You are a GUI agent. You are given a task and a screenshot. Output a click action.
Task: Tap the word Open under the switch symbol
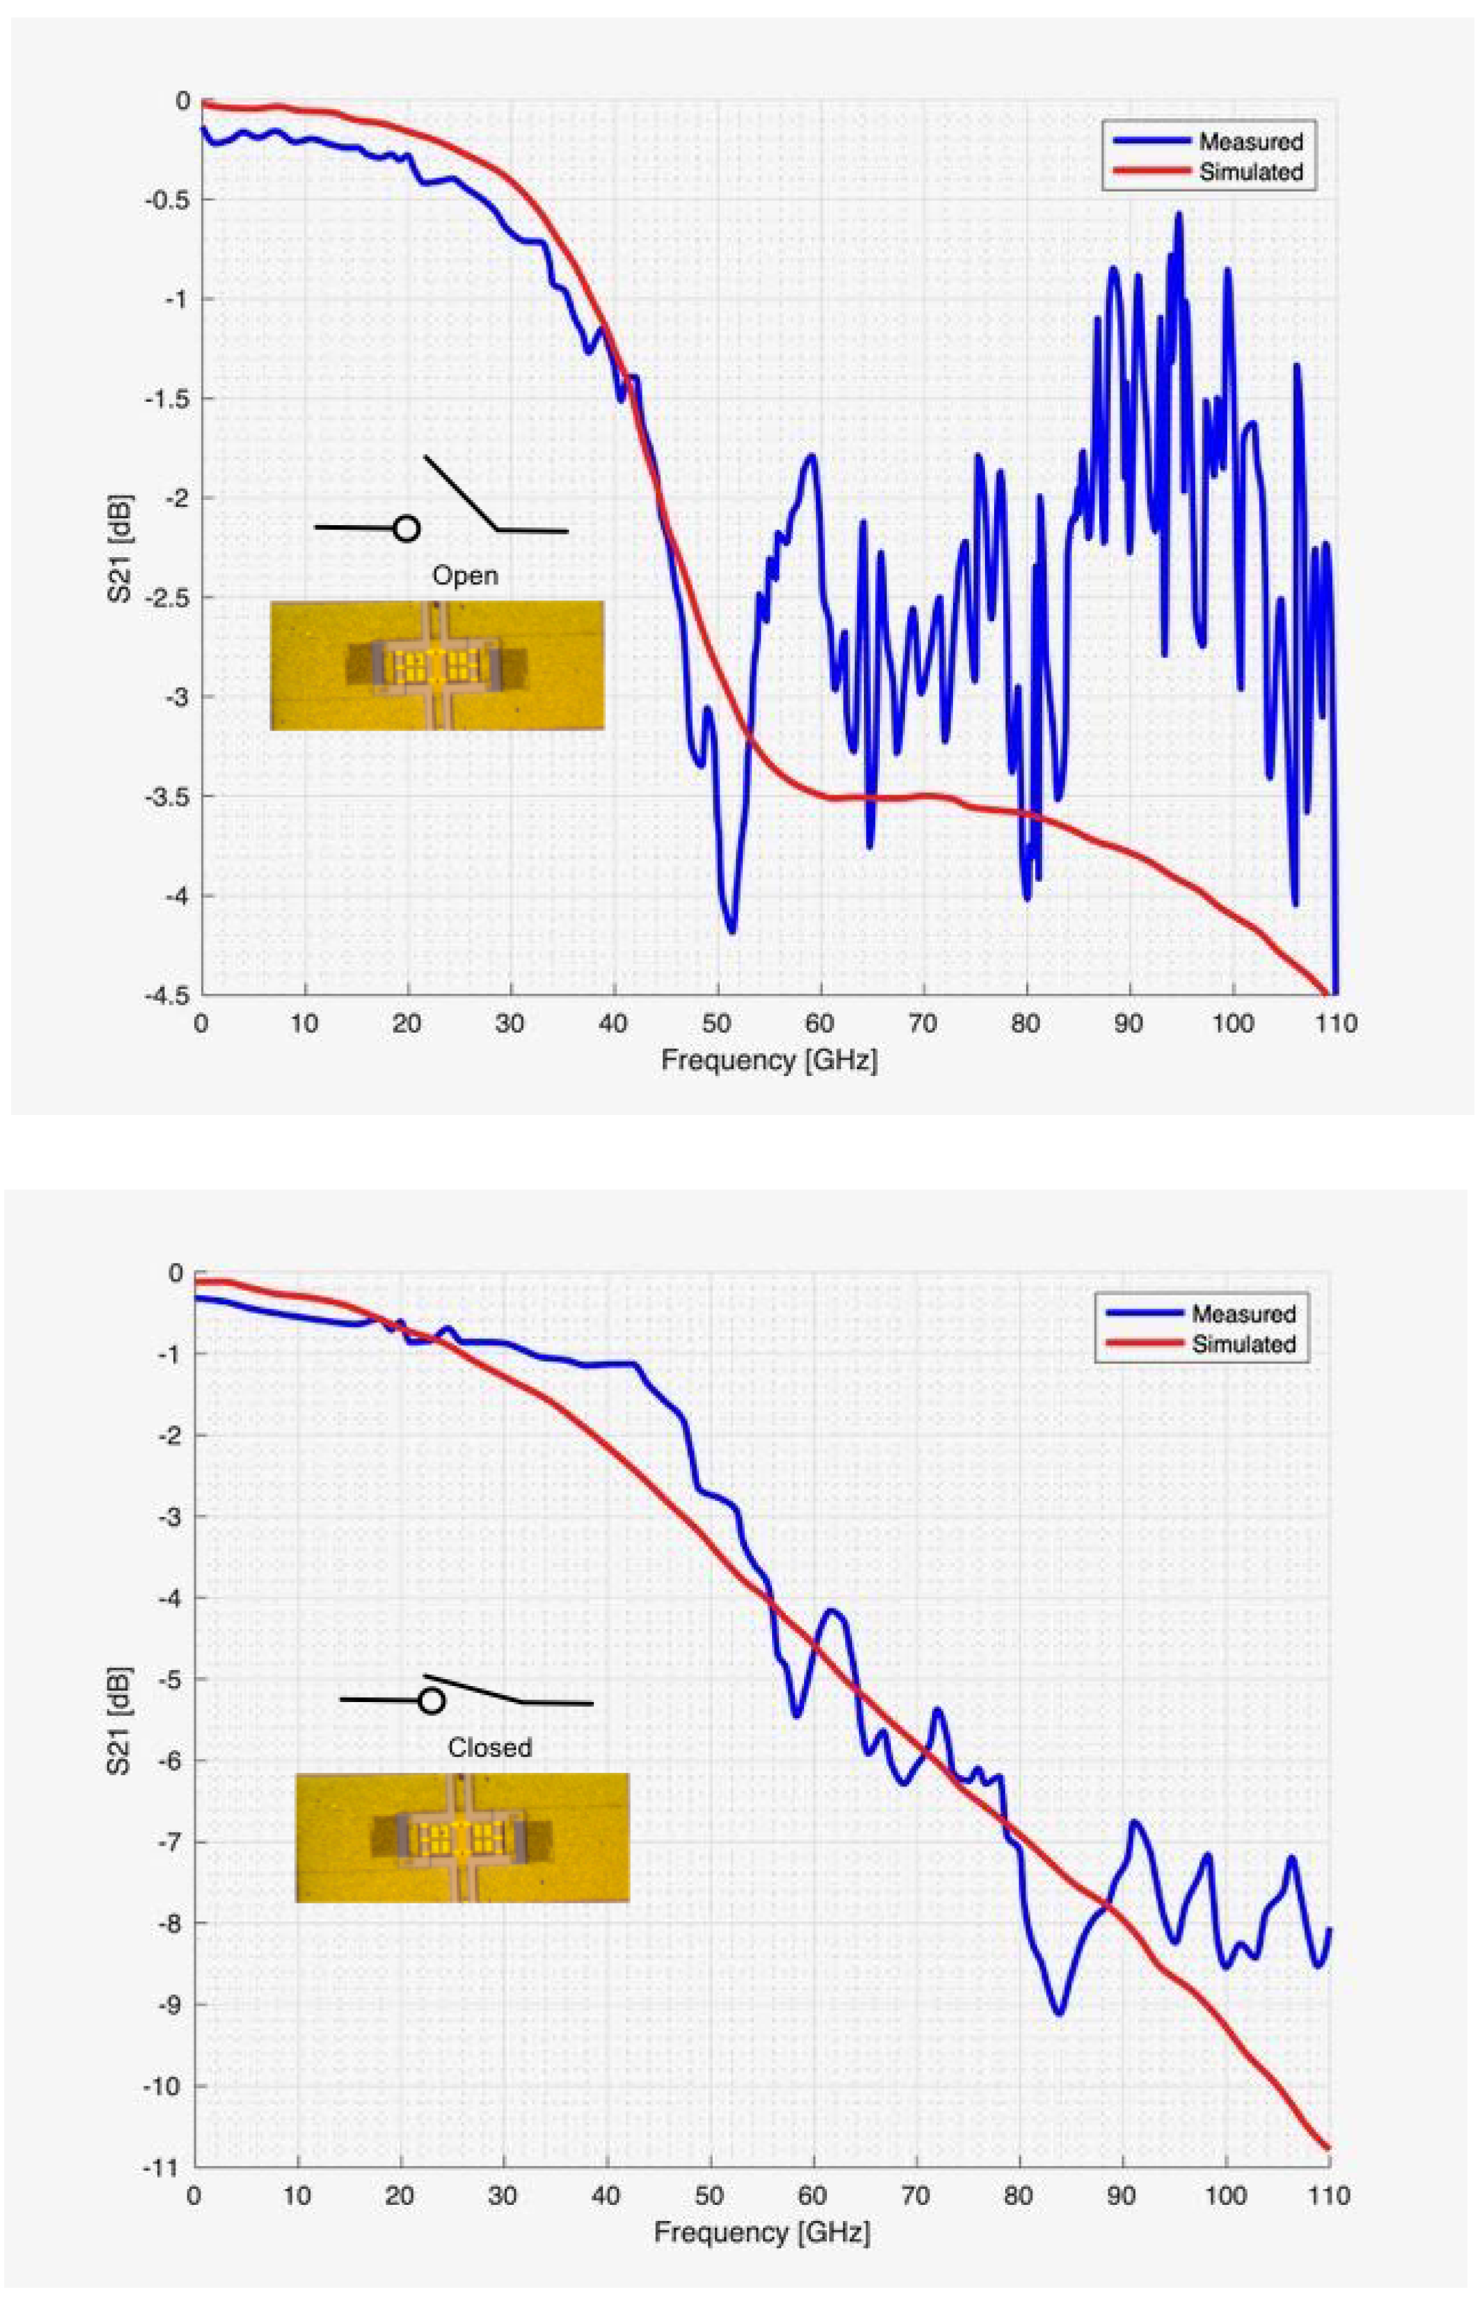click(x=465, y=576)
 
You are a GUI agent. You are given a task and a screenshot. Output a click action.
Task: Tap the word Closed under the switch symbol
click(x=489, y=1747)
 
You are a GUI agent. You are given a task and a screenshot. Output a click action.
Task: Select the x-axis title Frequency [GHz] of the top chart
click(x=769, y=1060)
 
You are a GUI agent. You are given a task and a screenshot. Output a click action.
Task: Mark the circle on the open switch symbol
click(x=407, y=529)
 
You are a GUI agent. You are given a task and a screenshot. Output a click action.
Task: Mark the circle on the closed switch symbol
click(x=432, y=1701)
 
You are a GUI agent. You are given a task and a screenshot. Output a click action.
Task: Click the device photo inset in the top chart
click(x=437, y=665)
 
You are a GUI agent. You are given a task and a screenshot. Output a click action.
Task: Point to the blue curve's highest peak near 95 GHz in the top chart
click(x=1179, y=215)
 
